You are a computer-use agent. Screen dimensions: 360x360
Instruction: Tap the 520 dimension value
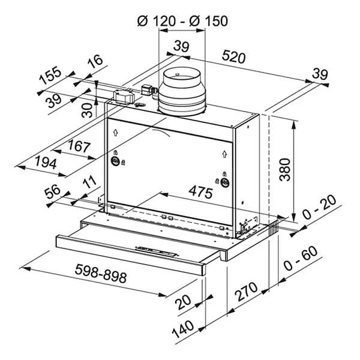[x=234, y=58]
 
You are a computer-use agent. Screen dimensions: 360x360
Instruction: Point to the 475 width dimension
[x=201, y=193]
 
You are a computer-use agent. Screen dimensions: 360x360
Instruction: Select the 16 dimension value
[x=94, y=63]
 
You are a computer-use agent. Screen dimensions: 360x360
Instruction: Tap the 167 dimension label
[x=79, y=146]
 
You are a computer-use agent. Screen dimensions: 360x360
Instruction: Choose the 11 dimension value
[x=90, y=182]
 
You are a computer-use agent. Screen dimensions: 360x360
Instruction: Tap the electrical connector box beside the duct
[x=125, y=96]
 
